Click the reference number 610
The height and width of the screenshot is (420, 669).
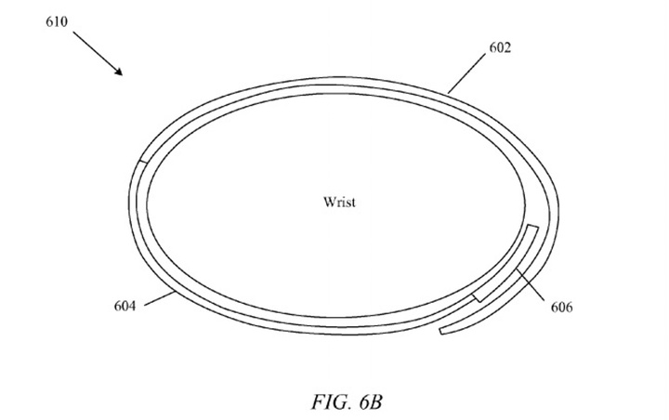point(57,21)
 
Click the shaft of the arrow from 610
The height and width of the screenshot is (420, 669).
point(98,53)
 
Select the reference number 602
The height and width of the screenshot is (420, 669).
point(500,47)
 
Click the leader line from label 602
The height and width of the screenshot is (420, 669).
point(466,73)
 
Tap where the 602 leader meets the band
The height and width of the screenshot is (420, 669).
point(448,93)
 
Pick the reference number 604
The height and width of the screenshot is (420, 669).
point(125,306)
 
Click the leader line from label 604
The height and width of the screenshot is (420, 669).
point(160,299)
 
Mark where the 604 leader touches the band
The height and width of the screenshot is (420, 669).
point(175,292)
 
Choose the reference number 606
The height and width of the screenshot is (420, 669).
point(561,307)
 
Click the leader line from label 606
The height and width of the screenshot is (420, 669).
point(531,285)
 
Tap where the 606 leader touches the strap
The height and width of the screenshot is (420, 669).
point(518,269)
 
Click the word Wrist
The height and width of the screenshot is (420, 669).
point(339,202)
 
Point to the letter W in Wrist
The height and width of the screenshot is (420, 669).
point(329,202)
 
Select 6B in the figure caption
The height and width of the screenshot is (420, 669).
point(371,401)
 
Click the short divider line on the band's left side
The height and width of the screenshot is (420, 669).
point(144,162)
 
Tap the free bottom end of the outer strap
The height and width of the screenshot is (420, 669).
point(442,331)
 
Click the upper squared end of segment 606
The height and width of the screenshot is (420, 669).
point(533,226)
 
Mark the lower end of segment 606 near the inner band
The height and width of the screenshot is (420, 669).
point(477,298)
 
